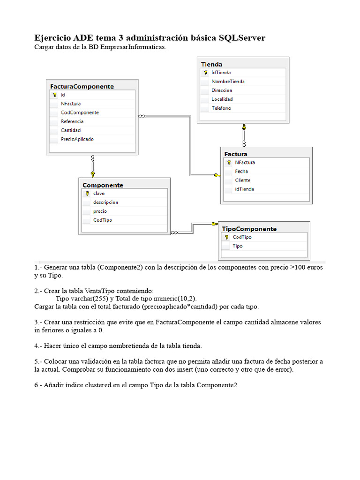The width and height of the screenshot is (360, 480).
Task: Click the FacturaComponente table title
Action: click(x=82, y=86)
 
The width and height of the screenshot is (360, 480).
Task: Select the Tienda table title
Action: click(x=211, y=64)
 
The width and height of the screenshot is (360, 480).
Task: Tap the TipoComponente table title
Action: click(x=249, y=229)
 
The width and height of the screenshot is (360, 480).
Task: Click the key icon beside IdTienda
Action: click(x=205, y=73)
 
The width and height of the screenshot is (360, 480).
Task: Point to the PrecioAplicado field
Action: click(x=77, y=139)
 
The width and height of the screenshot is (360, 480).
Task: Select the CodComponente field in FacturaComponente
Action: click(x=80, y=112)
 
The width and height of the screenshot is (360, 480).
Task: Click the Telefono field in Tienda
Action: click(x=221, y=108)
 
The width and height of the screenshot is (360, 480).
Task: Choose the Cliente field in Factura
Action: click(x=242, y=180)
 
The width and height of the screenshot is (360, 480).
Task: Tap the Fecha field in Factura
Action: click(x=241, y=172)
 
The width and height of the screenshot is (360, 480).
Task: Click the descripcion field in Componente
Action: click(x=105, y=202)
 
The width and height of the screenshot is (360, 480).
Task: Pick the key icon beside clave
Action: click(x=87, y=194)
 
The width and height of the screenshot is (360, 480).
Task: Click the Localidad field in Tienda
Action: click(x=222, y=99)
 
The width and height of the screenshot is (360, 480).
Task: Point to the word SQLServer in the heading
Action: click(x=242, y=38)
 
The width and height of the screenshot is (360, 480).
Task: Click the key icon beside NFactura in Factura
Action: click(x=229, y=163)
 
